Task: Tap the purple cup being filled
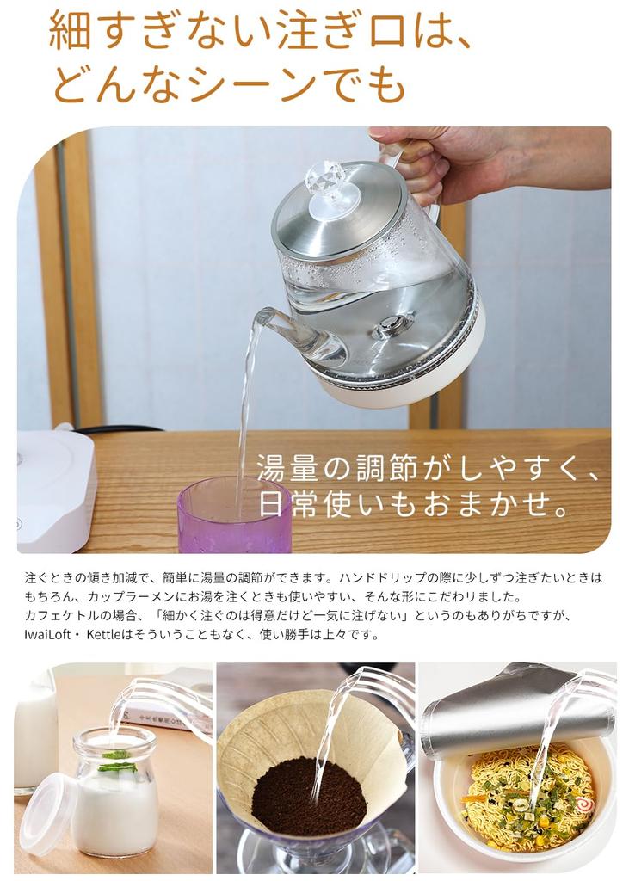pos(234,516)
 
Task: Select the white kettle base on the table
pos(54,489)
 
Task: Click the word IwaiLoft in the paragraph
pos(47,634)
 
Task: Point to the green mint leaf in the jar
pos(118,761)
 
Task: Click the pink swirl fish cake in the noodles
pos(586,805)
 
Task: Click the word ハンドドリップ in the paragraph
pos(382,577)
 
